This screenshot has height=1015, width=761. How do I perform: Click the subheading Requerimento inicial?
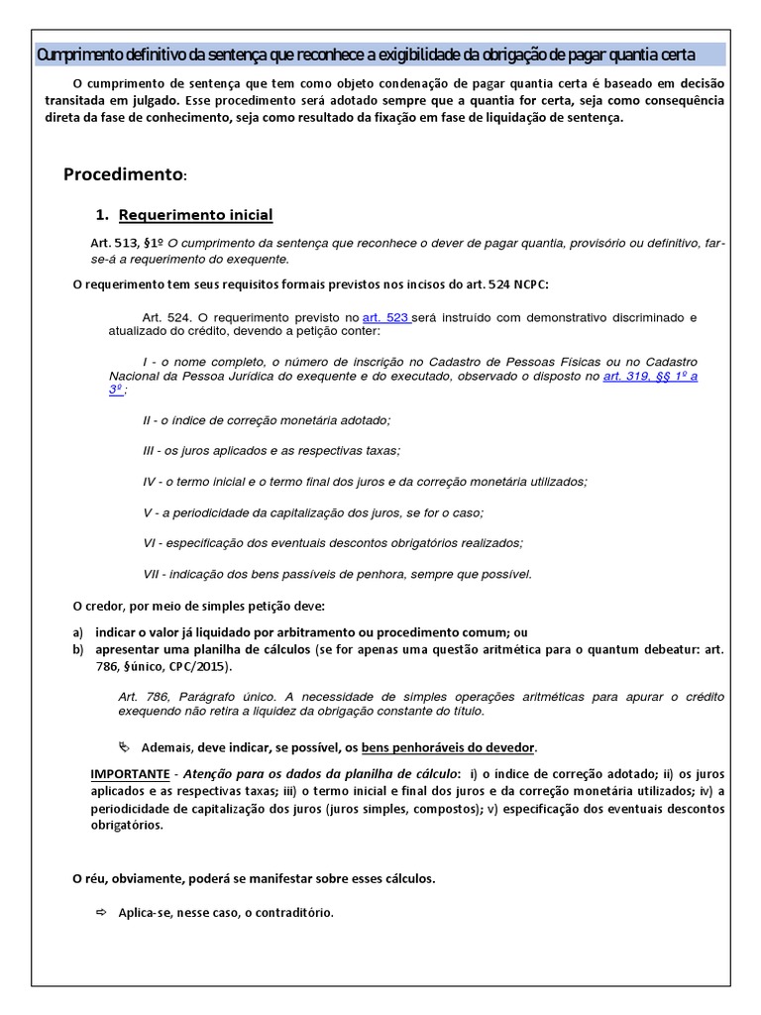[195, 215]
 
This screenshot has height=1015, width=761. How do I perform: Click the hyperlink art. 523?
[386, 317]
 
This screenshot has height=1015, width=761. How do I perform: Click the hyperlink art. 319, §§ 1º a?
[650, 377]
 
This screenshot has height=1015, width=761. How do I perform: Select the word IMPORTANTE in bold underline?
[129, 772]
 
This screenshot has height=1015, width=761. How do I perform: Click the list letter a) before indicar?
[78, 632]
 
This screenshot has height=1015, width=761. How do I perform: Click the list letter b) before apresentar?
[78, 649]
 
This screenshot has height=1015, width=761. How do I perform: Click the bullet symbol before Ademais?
[123, 746]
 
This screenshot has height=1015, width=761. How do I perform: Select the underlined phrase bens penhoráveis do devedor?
[448, 746]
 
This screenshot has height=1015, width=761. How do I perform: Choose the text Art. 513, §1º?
[127, 244]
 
